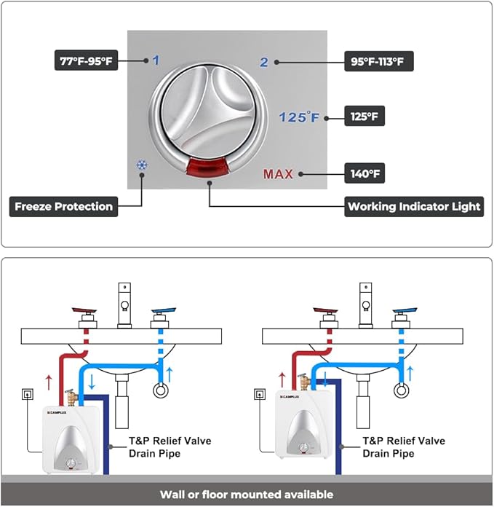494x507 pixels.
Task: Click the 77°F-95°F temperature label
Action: pos(87,60)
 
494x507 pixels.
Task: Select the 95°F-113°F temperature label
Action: pos(378,61)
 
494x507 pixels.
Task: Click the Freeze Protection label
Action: pos(64,206)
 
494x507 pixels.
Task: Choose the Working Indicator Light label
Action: pos(414,206)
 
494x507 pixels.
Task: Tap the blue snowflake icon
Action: pos(141,165)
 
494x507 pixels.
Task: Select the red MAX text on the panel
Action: pos(278,175)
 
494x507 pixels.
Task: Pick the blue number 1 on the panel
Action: pos(156,61)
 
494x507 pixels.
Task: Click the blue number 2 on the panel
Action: pos(265,63)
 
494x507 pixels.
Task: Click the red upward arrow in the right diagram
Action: pos(282,379)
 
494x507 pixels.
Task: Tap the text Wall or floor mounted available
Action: pos(247,495)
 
